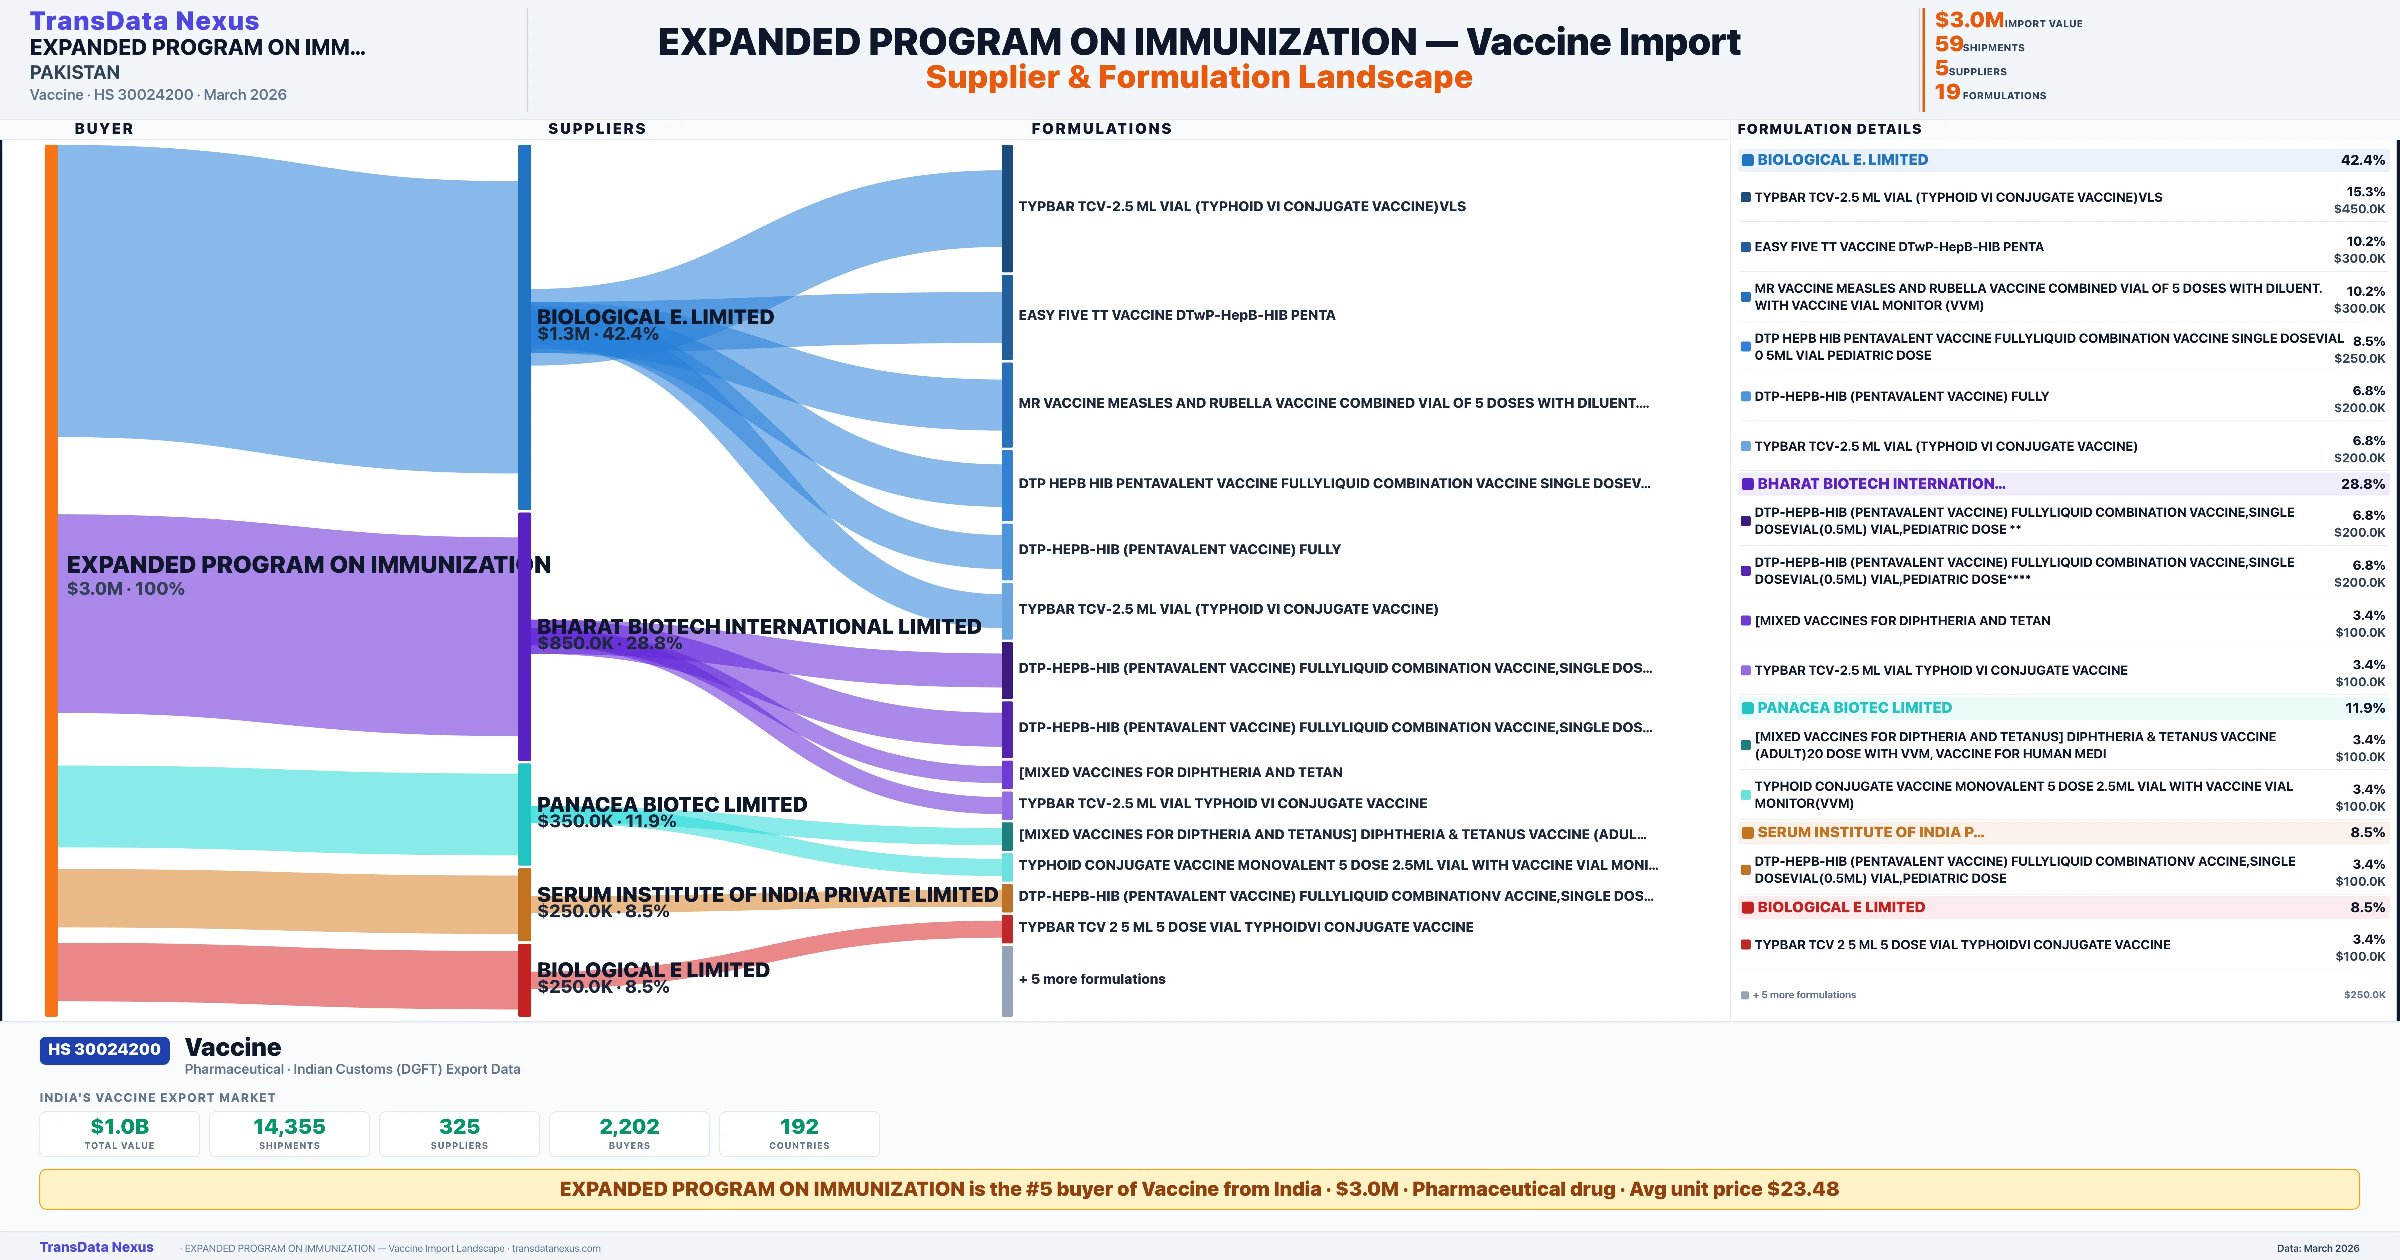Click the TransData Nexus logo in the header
(144, 20)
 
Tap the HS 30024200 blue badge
(104, 1049)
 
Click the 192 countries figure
(799, 1126)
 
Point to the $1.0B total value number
(119, 1126)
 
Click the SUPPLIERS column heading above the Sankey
(597, 128)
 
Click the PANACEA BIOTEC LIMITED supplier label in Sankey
(671, 804)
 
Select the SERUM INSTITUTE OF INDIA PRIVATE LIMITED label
(767, 894)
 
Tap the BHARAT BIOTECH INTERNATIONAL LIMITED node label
(759, 626)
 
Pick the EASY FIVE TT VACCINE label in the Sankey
(1176, 315)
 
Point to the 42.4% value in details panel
(2362, 160)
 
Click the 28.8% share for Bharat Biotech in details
(2362, 483)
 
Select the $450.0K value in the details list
(2359, 209)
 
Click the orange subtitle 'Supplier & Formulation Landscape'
(1199, 77)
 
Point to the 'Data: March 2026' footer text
(2318, 1248)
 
